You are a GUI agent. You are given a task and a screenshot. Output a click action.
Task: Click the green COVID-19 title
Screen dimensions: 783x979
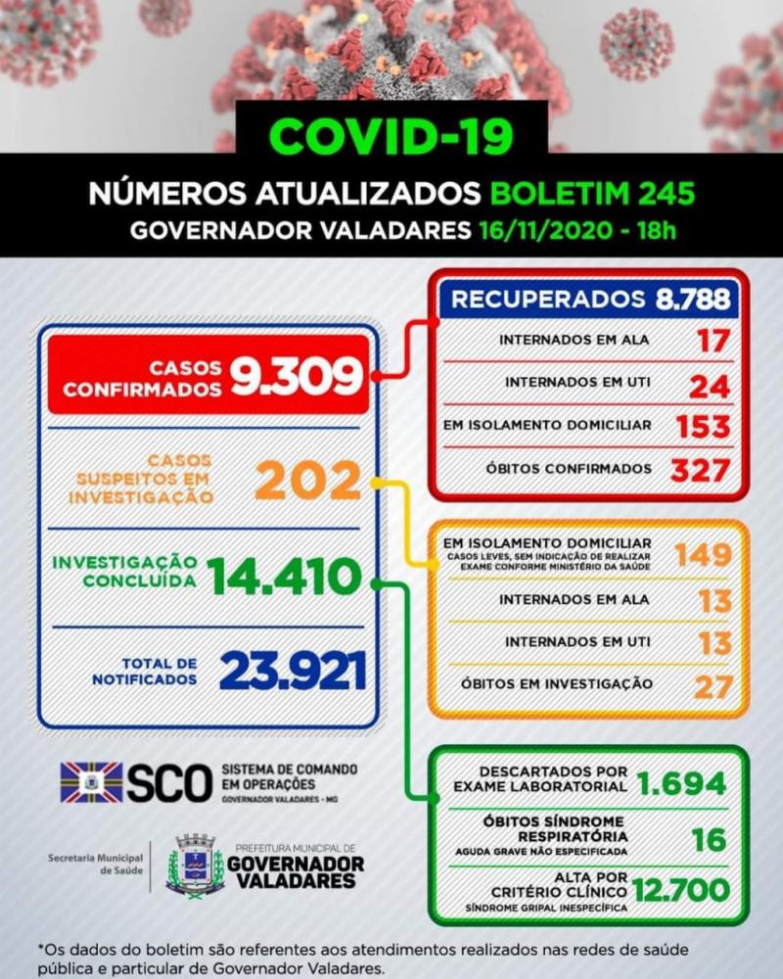[x=391, y=136]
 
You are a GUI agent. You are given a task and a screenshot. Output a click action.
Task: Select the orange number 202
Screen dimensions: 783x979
[x=304, y=481]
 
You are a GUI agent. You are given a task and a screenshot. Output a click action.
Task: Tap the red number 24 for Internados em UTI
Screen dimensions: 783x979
[x=710, y=385]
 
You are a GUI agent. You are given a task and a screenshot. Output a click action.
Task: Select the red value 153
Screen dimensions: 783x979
[x=703, y=427]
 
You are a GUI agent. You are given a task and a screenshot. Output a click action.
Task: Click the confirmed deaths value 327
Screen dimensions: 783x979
[x=701, y=470]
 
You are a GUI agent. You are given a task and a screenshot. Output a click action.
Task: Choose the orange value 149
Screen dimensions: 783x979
[x=702, y=554]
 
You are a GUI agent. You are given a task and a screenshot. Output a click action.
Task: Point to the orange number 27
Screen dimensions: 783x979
[x=713, y=685]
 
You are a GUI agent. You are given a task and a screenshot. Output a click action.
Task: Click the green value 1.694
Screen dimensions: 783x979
[x=681, y=783]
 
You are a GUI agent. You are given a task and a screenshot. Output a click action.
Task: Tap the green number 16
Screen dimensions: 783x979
[x=708, y=840]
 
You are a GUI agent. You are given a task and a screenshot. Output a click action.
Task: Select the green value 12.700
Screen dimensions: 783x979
[x=681, y=891]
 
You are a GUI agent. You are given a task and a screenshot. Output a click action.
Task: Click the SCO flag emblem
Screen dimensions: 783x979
[x=91, y=782]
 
